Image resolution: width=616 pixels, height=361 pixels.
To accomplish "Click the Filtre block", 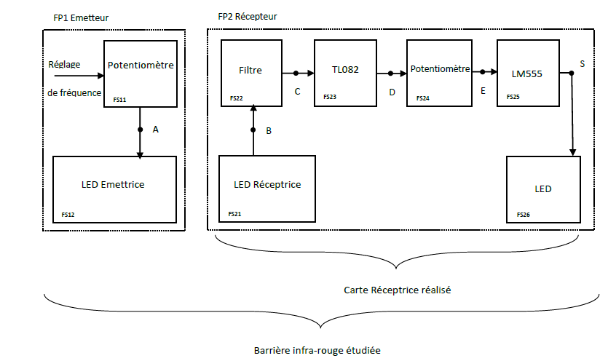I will [251, 73].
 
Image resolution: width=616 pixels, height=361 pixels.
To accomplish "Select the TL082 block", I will [345, 73].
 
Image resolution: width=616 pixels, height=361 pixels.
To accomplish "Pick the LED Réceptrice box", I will [267, 187].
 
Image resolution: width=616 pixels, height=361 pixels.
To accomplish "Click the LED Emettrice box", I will [114, 189].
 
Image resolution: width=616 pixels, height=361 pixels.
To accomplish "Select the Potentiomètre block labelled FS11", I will [141, 73].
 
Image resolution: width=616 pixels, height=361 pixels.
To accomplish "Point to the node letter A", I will [155, 129].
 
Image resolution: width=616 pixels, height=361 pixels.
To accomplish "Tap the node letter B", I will [269, 131].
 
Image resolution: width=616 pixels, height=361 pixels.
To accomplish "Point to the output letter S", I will [582, 64].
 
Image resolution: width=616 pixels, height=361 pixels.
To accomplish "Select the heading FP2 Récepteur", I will [248, 16].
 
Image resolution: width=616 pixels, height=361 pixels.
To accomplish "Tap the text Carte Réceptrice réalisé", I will [398, 290].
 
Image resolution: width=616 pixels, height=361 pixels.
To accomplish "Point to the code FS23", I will [329, 95].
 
